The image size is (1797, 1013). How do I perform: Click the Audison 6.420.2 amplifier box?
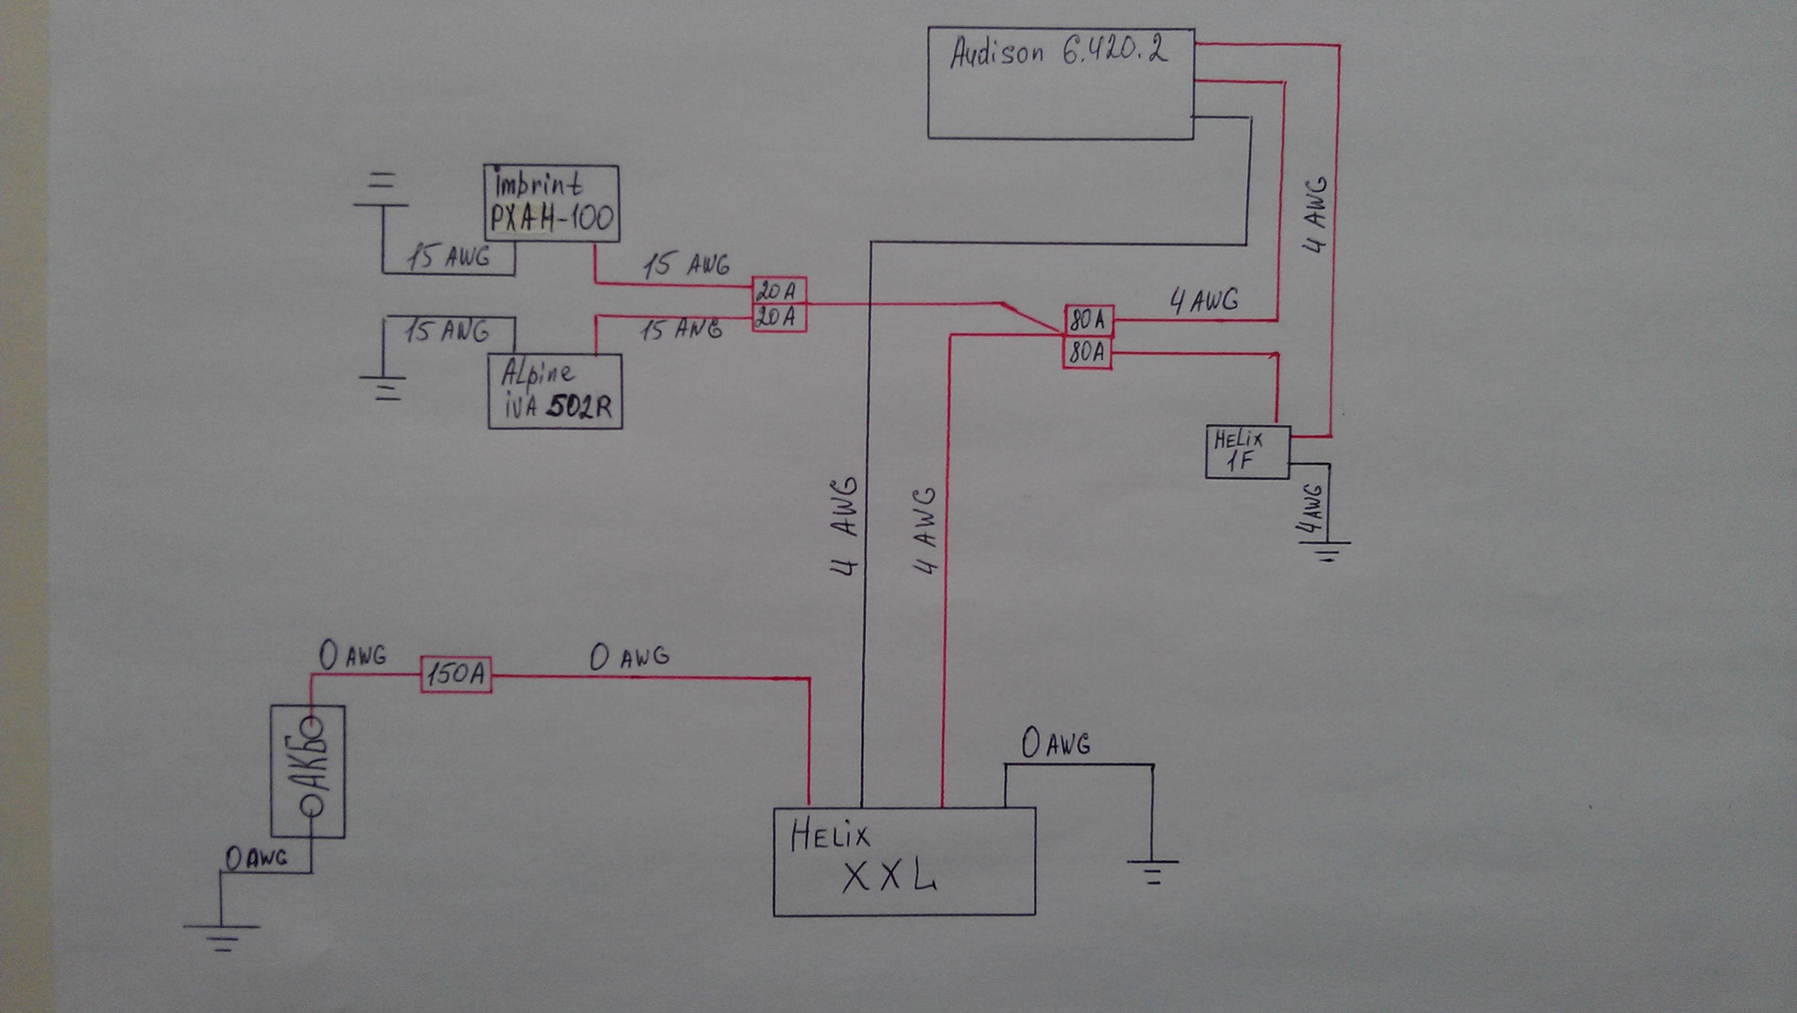[1060, 84]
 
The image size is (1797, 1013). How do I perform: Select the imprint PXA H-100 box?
[552, 204]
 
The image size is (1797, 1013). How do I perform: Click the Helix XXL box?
[904, 862]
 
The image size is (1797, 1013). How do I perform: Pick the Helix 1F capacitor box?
[1247, 452]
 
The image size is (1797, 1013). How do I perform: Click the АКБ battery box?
[308, 771]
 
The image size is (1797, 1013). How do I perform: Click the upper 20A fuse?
[779, 291]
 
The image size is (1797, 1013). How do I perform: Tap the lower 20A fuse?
[779, 318]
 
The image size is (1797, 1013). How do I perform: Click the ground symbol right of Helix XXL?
[1153, 871]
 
